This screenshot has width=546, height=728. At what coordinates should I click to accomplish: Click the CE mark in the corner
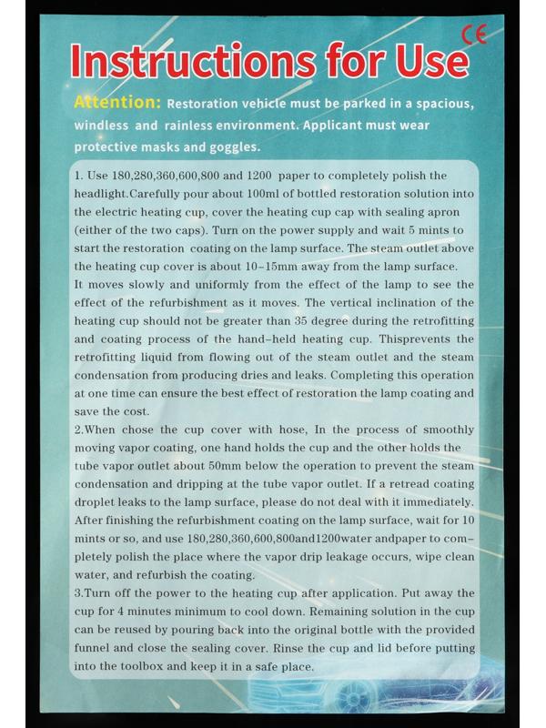tap(475, 35)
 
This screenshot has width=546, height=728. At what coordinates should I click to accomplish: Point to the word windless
tap(103, 125)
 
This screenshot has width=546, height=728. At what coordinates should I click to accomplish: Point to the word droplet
tap(97, 502)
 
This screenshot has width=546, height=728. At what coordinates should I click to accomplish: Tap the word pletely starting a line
tap(98, 556)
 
